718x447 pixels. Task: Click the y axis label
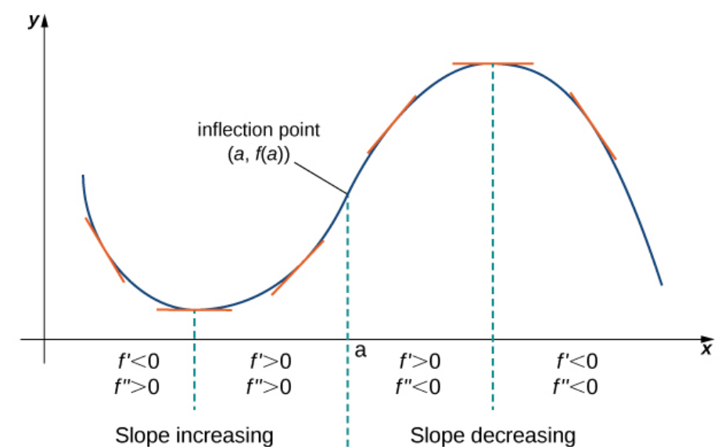[x=33, y=21]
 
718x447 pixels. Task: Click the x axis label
[x=706, y=348]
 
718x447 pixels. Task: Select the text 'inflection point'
[x=248, y=129]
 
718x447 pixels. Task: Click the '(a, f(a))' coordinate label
[x=253, y=154]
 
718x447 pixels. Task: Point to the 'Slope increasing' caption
[x=193, y=434]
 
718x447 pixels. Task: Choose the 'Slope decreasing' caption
[x=492, y=434]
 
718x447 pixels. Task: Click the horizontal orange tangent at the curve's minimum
[x=194, y=310]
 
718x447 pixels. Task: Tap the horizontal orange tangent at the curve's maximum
[x=493, y=63]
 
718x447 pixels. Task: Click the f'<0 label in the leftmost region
[x=138, y=361]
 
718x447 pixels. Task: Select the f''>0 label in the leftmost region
[x=138, y=386]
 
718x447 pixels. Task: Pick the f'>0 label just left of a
[x=271, y=361]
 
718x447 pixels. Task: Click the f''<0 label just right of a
[x=419, y=386]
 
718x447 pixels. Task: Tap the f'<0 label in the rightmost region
[x=576, y=361]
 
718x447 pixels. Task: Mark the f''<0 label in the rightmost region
[x=576, y=386]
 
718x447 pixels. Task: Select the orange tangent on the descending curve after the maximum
[x=593, y=126]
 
